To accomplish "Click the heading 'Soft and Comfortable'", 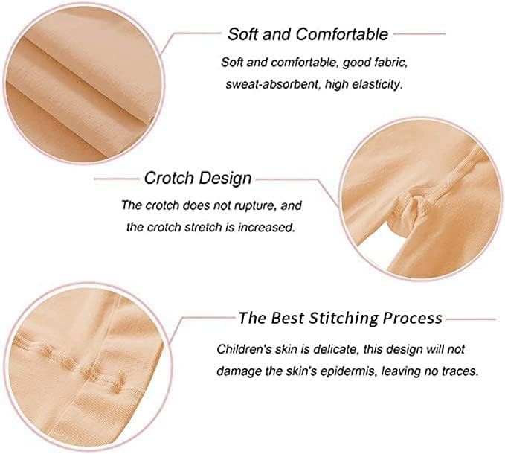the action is click(x=308, y=34).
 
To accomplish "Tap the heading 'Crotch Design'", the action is click(x=198, y=178).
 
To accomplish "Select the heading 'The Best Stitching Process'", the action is click(x=341, y=318).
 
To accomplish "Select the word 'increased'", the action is click(x=266, y=228).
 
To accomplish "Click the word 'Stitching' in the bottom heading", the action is click(x=344, y=319).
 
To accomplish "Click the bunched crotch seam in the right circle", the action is click(x=408, y=209).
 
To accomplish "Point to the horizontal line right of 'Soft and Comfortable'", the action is click(x=419, y=33).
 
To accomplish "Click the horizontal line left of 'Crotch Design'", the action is click(x=116, y=179).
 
